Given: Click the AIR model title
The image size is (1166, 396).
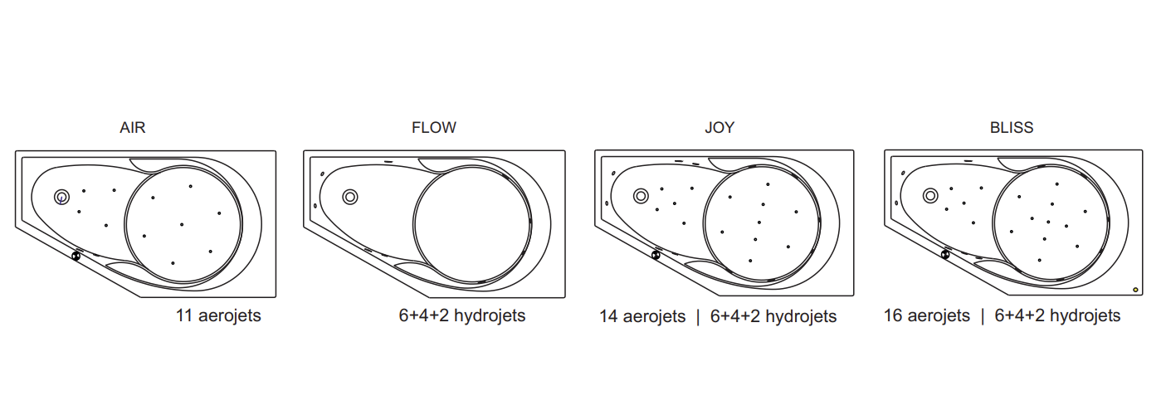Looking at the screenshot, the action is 132,128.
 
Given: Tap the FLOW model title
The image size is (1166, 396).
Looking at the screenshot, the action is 433,128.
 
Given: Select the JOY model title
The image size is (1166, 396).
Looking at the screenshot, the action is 720,128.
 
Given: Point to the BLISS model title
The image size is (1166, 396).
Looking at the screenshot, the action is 1012,128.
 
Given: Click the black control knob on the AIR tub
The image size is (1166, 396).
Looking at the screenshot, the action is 76,256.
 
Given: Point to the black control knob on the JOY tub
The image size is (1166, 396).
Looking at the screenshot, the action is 656,255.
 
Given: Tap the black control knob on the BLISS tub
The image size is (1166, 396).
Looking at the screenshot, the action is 944,254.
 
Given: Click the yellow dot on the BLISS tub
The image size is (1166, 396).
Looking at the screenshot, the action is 1135,290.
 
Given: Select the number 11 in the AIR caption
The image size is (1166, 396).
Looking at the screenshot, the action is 183,315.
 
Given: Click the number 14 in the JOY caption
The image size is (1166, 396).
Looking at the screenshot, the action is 608,316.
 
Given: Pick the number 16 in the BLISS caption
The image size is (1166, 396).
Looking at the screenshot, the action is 893,315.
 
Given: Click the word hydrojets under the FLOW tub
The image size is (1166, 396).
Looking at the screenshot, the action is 490,315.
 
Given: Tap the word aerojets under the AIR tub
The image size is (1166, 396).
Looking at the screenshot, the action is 230,315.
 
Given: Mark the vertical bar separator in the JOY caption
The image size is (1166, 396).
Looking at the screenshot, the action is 698,317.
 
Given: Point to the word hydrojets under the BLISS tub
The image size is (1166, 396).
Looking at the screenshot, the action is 1086,315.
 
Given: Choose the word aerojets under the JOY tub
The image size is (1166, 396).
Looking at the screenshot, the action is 654,317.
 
